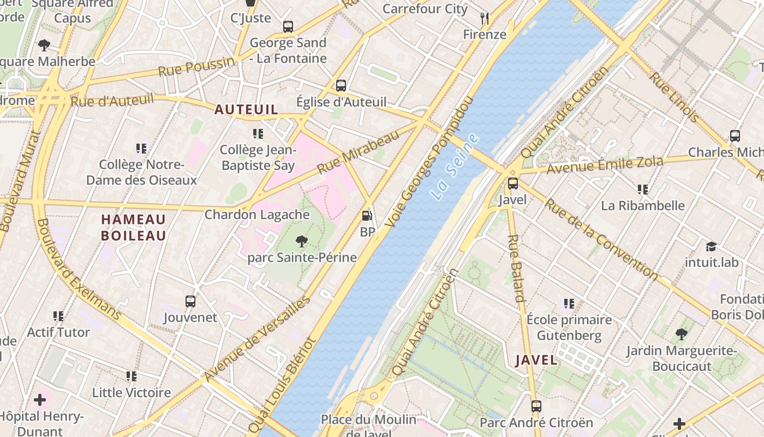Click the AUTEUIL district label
(x=246, y=110)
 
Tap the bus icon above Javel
(x=513, y=184)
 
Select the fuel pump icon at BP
(x=367, y=216)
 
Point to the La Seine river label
(x=454, y=166)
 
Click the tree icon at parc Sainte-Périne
(x=301, y=241)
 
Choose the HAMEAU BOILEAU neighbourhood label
(x=134, y=228)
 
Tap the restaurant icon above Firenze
(x=485, y=19)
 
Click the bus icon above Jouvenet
(x=190, y=301)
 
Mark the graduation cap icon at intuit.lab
(x=711, y=246)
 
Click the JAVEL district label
(x=536, y=360)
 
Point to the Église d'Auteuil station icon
(x=341, y=85)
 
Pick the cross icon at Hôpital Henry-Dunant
(x=40, y=400)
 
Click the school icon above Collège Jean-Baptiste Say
(x=258, y=133)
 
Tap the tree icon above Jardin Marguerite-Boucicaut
(x=681, y=334)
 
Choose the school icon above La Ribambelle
(x=642, y=190)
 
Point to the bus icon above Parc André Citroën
(x=536, y=406)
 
